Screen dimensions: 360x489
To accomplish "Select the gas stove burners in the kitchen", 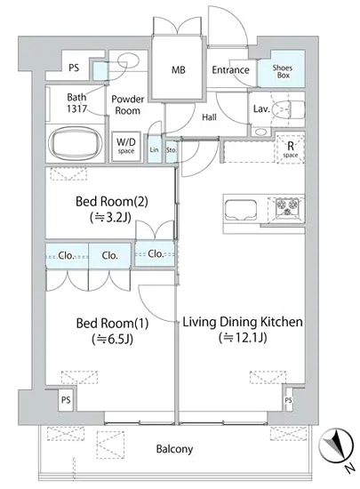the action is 286,207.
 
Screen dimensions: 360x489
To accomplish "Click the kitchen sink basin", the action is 241,210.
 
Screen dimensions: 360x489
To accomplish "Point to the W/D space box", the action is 126,147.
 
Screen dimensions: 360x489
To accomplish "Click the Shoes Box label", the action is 283,71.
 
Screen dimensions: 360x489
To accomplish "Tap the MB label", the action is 179,70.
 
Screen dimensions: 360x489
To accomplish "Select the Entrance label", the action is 230,70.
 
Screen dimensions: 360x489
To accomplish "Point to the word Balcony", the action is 174,449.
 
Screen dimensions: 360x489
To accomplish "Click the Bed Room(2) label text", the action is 112,202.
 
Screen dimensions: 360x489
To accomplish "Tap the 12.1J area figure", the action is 243,338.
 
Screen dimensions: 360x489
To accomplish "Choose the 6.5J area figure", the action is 112,339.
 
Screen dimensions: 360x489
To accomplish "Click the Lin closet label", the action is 155,149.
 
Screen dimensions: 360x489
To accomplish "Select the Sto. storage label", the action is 172,150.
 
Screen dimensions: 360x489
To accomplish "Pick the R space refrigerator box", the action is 290,148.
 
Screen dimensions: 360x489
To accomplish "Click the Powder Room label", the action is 128,105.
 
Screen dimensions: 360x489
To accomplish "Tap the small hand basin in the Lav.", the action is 260,132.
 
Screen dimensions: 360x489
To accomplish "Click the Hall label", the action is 209,117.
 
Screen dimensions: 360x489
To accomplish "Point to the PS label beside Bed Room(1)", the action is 66,400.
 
